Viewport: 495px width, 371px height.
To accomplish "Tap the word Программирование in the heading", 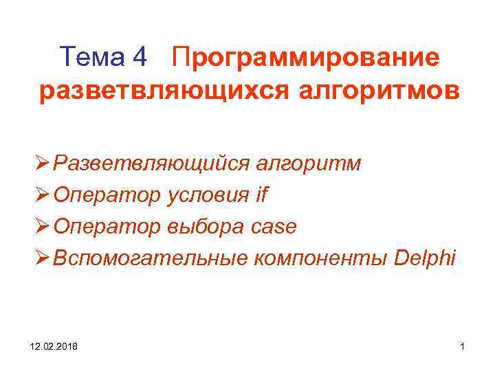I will [x=307, y=58].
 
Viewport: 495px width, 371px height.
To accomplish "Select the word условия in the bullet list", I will [x=208, y=196].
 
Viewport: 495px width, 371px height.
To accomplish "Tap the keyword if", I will [x=261, y=195].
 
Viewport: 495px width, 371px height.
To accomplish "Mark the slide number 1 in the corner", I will [x=463, y=348].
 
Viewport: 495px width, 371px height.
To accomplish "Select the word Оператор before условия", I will [x=108, y=196].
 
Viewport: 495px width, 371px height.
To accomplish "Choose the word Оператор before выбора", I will [x=108, y=227].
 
